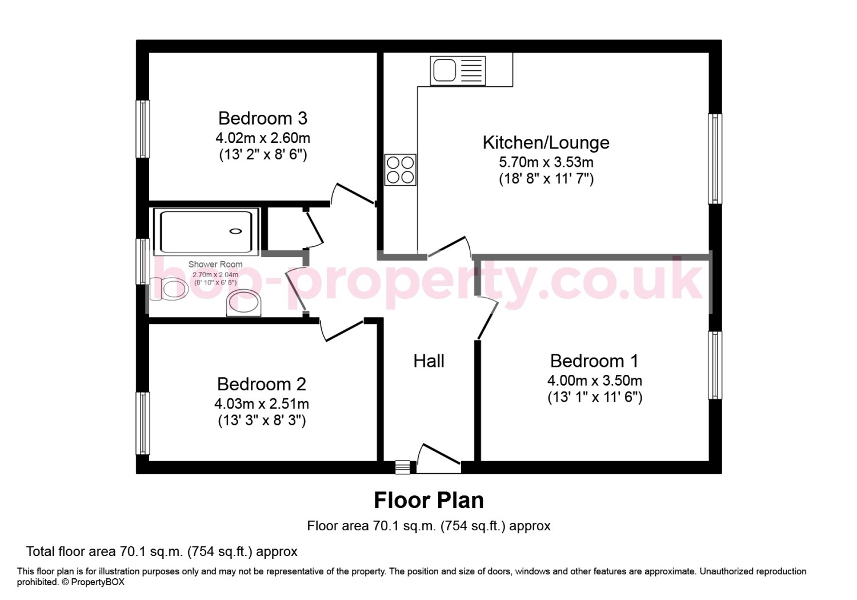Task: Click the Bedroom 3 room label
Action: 263,118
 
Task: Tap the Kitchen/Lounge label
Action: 546,143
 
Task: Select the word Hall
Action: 428,361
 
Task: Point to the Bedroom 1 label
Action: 594,361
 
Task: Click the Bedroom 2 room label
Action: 262,384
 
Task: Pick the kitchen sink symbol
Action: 458,71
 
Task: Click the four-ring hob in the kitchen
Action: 400,170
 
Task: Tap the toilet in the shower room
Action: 169,289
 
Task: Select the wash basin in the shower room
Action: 244,303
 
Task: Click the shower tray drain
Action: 235,231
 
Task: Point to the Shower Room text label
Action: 215,264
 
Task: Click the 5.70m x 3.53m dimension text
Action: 546,162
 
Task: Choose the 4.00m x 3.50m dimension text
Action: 595,381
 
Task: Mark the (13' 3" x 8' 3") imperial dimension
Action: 262,421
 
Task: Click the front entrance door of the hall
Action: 438,459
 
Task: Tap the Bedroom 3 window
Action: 143,129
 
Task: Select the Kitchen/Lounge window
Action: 715,159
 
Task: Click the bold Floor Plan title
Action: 428,501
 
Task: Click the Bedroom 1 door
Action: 487,318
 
